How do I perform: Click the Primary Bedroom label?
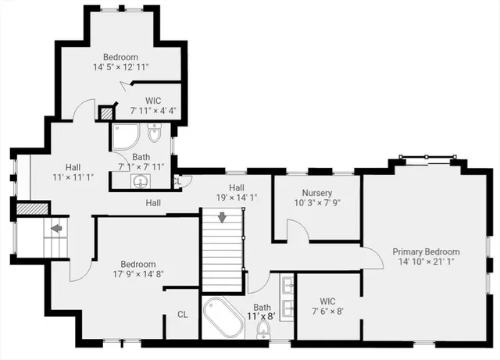tap(426, 251)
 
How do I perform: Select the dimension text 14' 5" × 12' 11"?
tap(120, 67)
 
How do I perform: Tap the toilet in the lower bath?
tap(262, 331)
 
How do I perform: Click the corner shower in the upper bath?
tap(124, 137)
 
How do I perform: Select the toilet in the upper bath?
tap(154, 137)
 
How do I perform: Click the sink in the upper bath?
tap(141, 182)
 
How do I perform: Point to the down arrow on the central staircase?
tap(223, 217)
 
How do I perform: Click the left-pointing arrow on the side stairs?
tap(55, 229)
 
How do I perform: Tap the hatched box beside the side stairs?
tap(33, 209)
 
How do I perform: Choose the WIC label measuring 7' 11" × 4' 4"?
tap(154, 101)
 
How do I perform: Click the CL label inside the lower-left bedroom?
tap(182, 315)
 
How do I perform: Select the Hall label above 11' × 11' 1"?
tap(73, 167)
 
